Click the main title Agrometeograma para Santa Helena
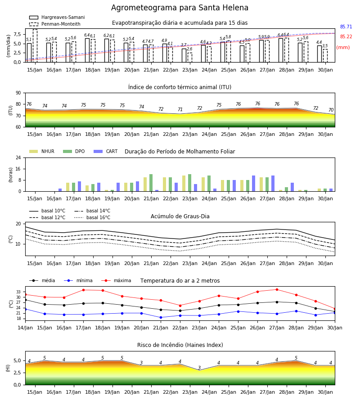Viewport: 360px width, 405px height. coord(180,8)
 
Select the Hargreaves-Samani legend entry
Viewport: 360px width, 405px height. coord(57,17)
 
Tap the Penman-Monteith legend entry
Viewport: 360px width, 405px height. coord(55,24)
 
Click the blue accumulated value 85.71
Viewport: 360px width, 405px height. coord(346,27)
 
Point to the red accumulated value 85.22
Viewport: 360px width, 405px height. coord(346,37)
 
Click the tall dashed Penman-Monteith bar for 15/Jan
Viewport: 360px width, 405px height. coord(35,46)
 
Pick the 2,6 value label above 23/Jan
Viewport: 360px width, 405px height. coord(189,49)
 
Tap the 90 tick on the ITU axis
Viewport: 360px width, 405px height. coord(18,93)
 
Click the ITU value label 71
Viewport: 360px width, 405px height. coord(180,109)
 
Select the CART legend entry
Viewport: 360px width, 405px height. coord(106,151)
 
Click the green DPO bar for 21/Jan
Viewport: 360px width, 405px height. coord(151,183)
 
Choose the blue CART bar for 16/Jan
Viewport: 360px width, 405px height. coord(60,190)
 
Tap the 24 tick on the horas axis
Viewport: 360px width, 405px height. coord(18,157)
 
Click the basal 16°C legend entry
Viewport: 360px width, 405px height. coord(92,217)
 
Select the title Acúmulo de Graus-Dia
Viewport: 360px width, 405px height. coord(180,216)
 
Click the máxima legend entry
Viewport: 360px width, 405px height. coord(117,280)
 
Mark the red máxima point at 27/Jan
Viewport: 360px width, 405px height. coord(277,289)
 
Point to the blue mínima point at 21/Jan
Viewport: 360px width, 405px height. coord(161,317)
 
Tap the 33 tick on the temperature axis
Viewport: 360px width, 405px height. coord(18,292)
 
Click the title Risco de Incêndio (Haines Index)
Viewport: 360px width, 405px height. coord(180,345)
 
